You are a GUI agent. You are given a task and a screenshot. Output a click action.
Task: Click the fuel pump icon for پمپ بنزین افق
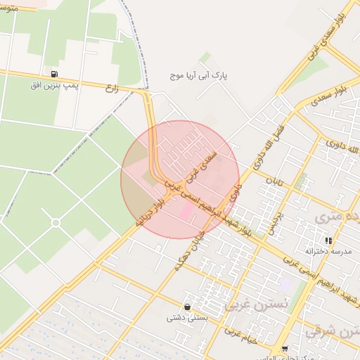54,73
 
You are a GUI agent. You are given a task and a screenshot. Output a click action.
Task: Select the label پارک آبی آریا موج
200,74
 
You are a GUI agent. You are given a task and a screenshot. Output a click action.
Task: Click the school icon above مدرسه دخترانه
328,240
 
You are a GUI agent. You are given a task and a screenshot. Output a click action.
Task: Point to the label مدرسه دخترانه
328,250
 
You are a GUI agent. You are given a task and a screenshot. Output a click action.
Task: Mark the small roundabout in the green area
56,222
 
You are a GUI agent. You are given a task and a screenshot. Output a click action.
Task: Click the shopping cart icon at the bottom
284,349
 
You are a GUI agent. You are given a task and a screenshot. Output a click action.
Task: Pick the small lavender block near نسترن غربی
285,285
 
